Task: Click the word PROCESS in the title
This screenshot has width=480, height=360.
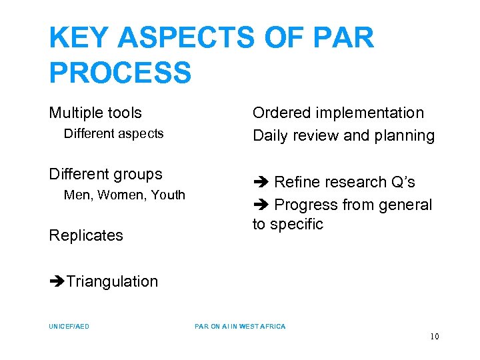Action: click(x=120, y=72)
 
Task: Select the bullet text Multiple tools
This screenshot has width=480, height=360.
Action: click(x=95, y=113)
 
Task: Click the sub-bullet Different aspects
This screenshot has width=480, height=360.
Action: click(x=113, y=133)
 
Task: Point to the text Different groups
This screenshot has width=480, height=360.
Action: click(x=105, y=174)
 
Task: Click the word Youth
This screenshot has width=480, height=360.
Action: click(x=168, y=195)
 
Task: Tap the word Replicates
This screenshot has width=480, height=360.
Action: click(x=86, y=235)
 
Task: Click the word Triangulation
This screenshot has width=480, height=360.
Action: click(x=112, y=281)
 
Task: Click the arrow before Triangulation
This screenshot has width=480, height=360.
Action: click(x=57, y=281)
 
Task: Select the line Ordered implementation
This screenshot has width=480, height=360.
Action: click(x=338, y=113)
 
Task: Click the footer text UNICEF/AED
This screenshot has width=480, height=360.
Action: click(x=69, y=327)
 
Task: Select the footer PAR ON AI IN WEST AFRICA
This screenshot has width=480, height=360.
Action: click(x=240, y=327)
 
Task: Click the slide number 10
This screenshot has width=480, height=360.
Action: click(x=434, y=337)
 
